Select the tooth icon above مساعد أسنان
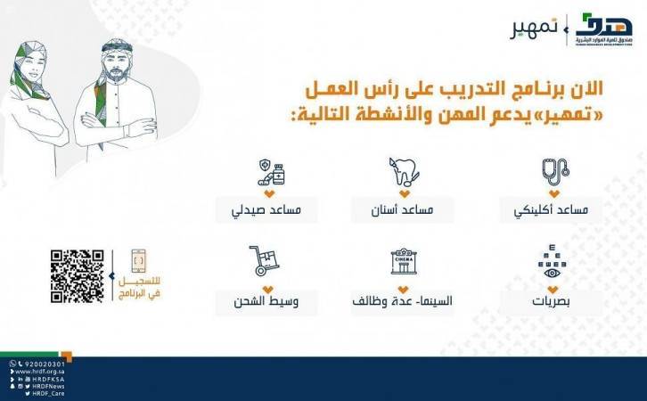pyautogui.click(x=402, y=171)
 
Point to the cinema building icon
pyautogui.click(x=404, y=261)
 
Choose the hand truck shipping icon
pyautogui.click(x=266, y=261)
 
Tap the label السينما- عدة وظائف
pyautogui.click(x=403, y=301)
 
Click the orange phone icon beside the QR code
pyautogui.click(x=137, y=261)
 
